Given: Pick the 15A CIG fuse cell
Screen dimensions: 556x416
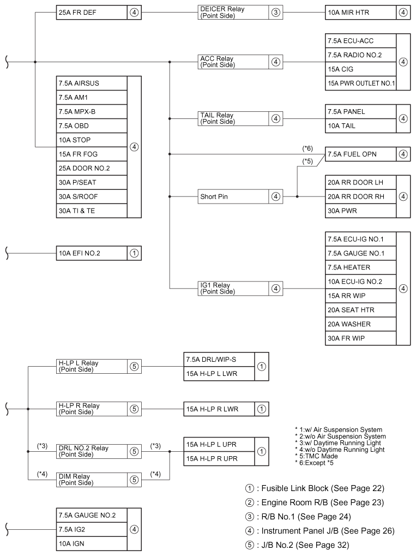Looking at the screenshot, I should coord(360,69).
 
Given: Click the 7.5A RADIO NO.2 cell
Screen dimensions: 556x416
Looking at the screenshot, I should coord(360,55).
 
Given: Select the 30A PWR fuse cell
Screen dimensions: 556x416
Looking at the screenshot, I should coord(360,211).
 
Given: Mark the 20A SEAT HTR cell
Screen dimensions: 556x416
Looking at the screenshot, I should coord(360,310).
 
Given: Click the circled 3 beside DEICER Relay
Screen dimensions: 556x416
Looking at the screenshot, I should coord(276,13).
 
